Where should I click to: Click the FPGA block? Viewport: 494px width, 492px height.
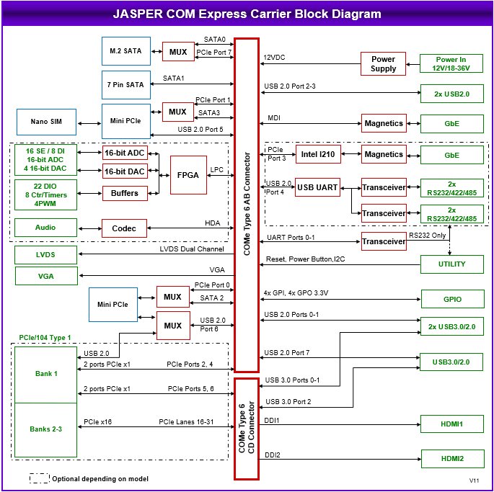click(x=188, y=175)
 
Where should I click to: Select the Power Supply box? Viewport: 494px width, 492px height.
click(x=383, y=64)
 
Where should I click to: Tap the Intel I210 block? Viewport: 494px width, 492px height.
click(x=318, y=154)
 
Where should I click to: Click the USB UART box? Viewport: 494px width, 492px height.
click(x=317, y=187)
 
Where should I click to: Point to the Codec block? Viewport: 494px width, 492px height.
click(x=124, y=228)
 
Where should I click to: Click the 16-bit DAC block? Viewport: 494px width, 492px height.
click(x=124, y=171)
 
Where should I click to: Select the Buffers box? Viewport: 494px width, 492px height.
click(x=124, y=193)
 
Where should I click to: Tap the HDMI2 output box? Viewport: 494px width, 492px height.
click(x=451, y=458)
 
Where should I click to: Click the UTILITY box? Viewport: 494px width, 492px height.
click(x=451, y=264)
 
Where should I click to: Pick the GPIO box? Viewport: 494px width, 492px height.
click(x=451, y=298)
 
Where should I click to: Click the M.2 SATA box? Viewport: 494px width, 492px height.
click(x=125, y=50)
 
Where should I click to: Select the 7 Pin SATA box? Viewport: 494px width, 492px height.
click(x=125, y=84)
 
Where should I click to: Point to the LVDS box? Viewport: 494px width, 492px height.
click(x=45, y=255)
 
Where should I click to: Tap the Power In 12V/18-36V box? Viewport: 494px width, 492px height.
click(x=451, y=64)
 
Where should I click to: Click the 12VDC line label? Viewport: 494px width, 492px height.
click(x=275, y=57)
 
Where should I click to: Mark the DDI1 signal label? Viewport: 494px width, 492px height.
click(x=272, y=420)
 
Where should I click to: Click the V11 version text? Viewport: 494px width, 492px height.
click(x=474, y=480)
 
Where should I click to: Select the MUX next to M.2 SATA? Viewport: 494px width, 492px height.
click(x=178, y=52)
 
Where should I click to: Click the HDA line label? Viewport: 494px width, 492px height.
click(x=212, y=223)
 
